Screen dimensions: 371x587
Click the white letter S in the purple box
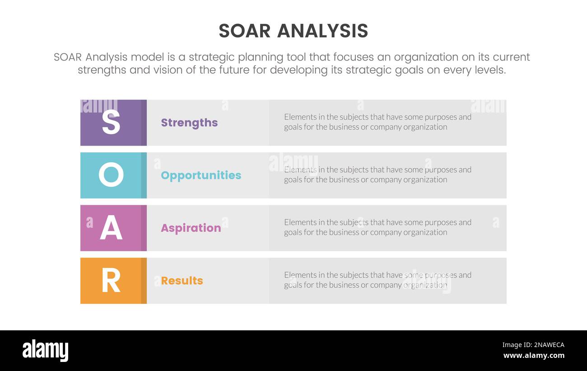(x=111, y=122)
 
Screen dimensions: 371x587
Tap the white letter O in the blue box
(x=111, y=175)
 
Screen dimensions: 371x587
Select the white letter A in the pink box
(x=111, y=228)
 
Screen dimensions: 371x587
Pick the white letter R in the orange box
(x=111, y=281)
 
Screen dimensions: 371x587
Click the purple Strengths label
(x=189, y=122)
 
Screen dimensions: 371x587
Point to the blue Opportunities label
(x=201, y=175)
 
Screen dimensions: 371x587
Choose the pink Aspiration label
(x=191, y=228)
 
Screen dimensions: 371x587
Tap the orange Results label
(x=182, y=281)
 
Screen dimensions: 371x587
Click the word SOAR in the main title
(x=244, y=31)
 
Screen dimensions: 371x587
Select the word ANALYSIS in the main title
(x=322, y=31)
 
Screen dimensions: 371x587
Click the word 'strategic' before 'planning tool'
(x=211, y=57)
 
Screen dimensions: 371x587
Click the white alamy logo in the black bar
(x=45, y=351)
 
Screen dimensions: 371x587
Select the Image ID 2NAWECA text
(x=533, y=345)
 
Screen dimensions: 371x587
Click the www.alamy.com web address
(x=533, y=356)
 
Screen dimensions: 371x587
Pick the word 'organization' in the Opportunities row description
(x=424, y=179)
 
